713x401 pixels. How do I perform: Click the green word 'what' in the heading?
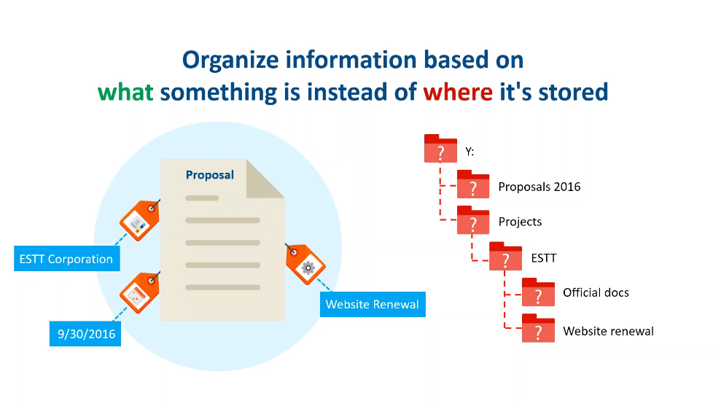click(x=125, y=92)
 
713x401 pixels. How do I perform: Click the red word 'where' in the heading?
click(x=458, y=92)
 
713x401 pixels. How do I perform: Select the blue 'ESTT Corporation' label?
click(x=67, y=259)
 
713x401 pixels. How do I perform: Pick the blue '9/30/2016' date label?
click(x=85, y=334)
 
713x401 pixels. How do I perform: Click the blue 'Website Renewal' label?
click(x=373, y=304)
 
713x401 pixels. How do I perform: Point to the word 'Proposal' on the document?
click(x=210, y=175)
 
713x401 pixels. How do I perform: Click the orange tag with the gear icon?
click(x=305, y=264)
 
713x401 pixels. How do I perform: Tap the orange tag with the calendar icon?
click(x=139, y=293)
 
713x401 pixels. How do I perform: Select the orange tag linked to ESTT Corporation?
click(x=139, y=220)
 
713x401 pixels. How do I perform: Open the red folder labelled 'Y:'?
click(x=440, y=148)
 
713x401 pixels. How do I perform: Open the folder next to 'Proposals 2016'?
click(x=473, y=184)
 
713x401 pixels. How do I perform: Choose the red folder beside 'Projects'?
click(x=473, y=220)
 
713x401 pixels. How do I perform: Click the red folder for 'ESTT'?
click(x=505, y=257)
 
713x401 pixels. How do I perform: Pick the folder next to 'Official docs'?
click(x=538, y=292)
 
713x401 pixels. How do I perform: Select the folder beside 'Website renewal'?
click(x=538, y=328)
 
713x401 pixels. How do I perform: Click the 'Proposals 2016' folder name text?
click(x=539, y=187)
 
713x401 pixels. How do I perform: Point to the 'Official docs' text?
click(x=596, y=292)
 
